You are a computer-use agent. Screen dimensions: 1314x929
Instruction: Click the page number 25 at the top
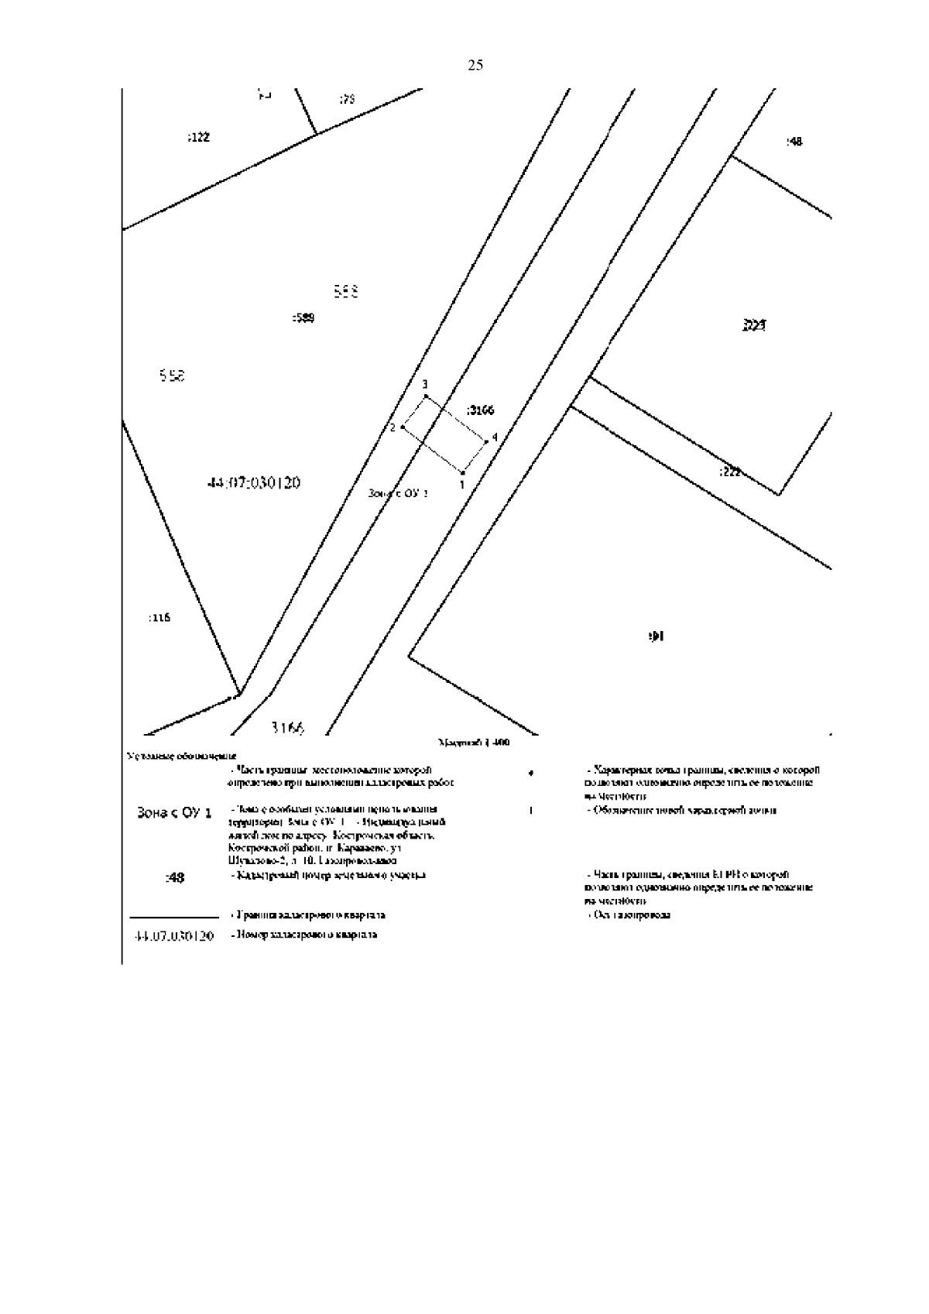click(475, 66)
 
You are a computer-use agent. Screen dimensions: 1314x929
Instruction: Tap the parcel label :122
click(198, 138)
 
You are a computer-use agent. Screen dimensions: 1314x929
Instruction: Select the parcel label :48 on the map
click(794, 142)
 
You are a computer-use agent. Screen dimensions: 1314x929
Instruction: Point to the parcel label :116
click(158, 618)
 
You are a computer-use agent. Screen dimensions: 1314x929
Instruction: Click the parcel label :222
click(729, 472)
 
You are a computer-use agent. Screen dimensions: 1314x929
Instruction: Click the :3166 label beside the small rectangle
click(481, 410)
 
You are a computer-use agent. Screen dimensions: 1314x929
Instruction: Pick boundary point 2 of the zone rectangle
click(403, 427)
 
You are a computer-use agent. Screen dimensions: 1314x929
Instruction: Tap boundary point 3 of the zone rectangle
click(426, 396)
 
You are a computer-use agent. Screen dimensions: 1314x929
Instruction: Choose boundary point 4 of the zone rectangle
click(486, 441)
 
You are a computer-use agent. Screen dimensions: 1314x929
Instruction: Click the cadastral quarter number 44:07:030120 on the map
click(253, 483)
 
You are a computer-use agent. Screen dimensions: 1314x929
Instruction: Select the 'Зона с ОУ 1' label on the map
click(398, 492)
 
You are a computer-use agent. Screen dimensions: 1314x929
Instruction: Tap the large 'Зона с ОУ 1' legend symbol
click(173, 814)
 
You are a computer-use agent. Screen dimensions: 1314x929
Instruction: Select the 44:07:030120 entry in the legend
click(173, 936)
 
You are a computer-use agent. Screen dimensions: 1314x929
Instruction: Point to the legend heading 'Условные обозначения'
click(181, 756)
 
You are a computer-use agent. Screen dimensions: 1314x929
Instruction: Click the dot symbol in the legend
click(530, 774)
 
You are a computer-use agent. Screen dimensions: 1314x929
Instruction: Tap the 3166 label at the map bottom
click(288, 728)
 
